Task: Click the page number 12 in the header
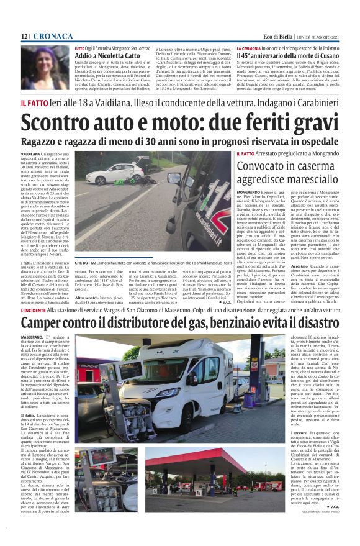[24, 37]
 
